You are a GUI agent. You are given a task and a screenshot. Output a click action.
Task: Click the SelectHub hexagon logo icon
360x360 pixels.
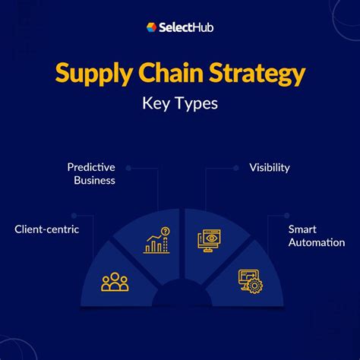click(152, 27)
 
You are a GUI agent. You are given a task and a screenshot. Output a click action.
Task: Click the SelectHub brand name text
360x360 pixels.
click(186, 27)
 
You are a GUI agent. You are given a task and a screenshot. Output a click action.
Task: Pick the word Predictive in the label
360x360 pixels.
click(90, 167)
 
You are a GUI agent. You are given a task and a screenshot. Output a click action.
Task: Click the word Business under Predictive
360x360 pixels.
click(94, 181)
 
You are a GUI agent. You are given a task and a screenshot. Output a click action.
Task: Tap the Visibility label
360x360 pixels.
click(270, 167)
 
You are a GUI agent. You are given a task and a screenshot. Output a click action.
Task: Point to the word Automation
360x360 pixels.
click(317, 243)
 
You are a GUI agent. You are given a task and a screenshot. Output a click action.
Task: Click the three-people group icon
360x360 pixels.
click(115, 282)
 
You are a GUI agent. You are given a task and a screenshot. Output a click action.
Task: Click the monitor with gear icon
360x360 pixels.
click(249, 280)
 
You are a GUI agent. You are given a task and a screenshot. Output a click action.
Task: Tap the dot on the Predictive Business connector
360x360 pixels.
click(128, 167)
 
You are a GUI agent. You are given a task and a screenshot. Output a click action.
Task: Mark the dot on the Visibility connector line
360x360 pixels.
click(236, 167)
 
